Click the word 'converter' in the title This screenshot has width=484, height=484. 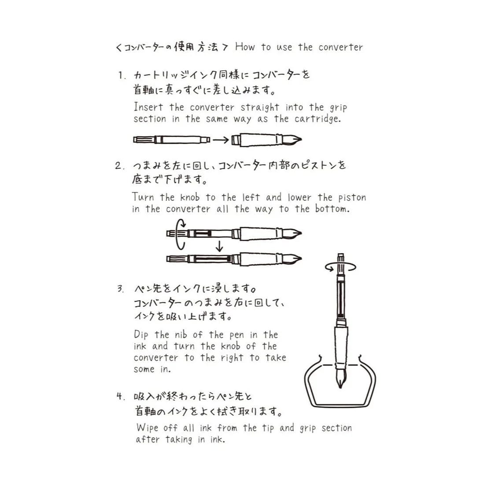tap(340, 47)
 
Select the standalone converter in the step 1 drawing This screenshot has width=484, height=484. tap(172, 140)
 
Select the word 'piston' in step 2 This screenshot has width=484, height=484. tap(352, 197)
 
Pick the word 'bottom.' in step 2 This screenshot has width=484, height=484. tap(332, 209)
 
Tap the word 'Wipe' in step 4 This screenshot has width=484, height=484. tap(147, 428)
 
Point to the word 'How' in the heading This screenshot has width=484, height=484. tap(245, 47)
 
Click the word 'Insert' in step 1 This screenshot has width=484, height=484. tap(148, 107)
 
